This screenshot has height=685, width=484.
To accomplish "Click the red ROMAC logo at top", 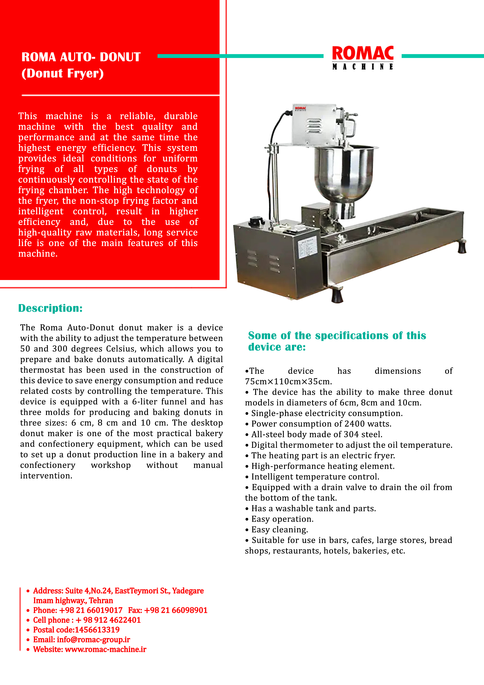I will [x=363, y=53].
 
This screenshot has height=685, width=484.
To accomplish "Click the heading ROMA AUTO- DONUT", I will [x=81, y=57].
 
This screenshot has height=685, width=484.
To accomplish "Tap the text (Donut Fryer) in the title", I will [x=63, y=73].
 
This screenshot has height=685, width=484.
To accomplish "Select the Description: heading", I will [x=50, y=308].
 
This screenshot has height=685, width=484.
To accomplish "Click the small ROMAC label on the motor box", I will [x=300, y=109].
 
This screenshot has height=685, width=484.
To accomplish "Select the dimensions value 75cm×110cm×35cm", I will [x=288, y=382].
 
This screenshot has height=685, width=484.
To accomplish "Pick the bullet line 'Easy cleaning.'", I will [x=279, y=530].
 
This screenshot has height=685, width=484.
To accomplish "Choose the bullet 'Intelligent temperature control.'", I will [x=315, y=477].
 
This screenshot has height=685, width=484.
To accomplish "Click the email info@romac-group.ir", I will [x=93, y=640].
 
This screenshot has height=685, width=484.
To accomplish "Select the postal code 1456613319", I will [x=97, y=630].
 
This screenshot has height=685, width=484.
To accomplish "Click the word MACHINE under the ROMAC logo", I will [x=363, y=67].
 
